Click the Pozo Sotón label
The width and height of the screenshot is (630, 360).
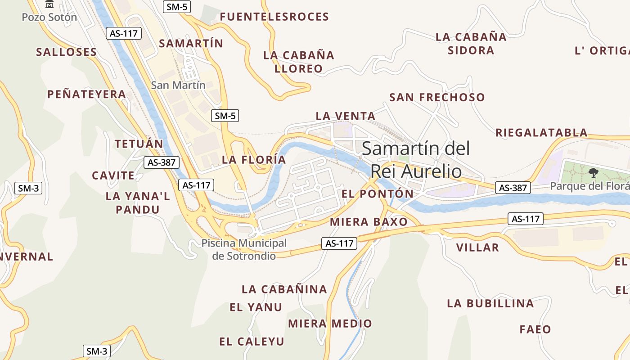coord(49,18)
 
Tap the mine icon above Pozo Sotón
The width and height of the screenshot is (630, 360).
coord(49,4)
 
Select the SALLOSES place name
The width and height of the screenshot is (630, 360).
coord(67,52)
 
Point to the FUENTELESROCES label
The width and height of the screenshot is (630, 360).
coord(274,17)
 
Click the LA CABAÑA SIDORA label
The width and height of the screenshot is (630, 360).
coord(471,44)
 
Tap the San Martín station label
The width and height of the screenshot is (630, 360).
coord(178,85)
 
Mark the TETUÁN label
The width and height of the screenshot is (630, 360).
coord(139,144)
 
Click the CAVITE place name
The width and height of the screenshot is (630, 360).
coord(113,175)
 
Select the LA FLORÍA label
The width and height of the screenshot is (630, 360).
coord(254,160)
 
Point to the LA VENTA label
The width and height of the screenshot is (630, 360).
coord(346,116)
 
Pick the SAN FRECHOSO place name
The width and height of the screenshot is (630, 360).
coord(437,97)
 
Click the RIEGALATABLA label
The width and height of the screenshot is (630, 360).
coord(541,133)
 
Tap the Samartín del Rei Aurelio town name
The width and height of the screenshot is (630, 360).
coord(416,160)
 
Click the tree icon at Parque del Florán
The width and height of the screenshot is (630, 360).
coord(594,172)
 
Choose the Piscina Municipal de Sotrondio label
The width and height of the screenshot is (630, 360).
coord(244,249)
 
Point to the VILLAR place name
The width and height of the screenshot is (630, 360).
coord(477,247)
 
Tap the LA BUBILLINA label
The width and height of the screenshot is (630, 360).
coord(490,304)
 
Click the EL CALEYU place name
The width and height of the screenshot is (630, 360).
coord(252,342)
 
